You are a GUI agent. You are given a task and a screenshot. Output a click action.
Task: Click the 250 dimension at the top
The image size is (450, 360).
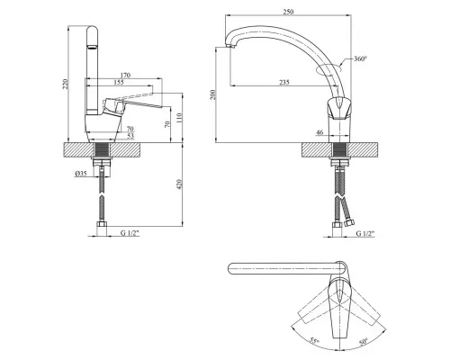point(288,12)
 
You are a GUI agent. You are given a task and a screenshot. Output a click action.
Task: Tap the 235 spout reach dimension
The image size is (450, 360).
point(284,82)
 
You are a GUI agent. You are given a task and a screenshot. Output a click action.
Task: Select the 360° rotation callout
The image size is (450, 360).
point(360,58)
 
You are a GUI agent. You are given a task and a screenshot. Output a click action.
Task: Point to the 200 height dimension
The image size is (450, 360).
point(212,94)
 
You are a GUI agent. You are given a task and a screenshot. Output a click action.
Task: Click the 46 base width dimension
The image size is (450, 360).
point(319,132)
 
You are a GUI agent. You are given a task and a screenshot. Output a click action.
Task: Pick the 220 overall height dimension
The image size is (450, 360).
point(66,84)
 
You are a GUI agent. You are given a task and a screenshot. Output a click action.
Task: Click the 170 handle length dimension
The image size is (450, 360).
point(125,75)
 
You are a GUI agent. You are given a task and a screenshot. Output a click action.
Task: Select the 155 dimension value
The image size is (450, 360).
point(119,82)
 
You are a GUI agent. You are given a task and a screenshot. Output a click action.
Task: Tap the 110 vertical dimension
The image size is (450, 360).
point(179,118)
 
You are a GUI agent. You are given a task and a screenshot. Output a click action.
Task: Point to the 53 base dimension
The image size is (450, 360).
point(130,136)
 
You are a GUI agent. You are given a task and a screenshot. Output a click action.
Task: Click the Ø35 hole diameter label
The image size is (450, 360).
point(81,174)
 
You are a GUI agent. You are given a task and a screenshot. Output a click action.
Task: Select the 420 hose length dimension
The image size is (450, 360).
point(179,184)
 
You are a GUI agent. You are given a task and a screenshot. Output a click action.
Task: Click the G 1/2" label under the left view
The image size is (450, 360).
point(130,233)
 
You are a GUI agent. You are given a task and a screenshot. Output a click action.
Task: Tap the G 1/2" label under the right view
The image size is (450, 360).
point(365,233)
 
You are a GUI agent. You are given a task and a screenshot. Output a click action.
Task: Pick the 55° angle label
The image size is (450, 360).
point(315,341)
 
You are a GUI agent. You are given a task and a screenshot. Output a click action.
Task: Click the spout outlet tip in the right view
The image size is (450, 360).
point(230,46)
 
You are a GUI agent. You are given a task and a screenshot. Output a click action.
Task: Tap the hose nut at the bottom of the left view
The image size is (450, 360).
point(102,225)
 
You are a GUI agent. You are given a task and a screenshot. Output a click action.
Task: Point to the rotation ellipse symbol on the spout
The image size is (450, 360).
point(328,69)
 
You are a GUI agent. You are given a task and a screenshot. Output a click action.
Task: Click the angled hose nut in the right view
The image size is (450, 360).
point(349,223)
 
